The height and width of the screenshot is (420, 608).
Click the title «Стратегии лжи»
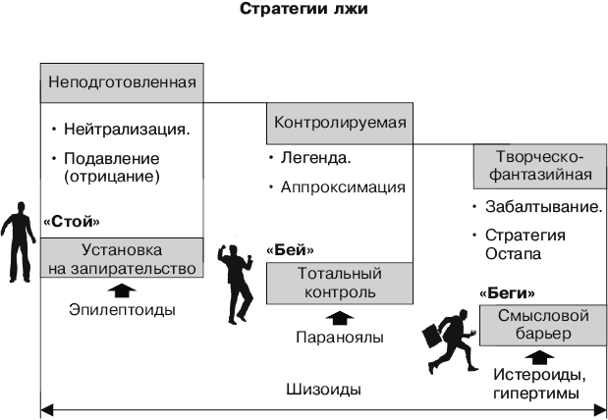(304, 9)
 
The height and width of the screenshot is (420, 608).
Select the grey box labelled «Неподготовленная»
(122, 82)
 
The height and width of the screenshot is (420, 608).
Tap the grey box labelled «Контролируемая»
(340, 124)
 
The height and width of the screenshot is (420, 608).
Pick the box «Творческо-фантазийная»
(540, 166)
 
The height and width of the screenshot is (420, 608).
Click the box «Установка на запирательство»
(122, 258)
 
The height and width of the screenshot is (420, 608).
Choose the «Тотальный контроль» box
(340, 284)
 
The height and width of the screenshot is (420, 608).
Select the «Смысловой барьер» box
(543, 325)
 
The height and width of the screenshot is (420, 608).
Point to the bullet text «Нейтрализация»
(127, 129)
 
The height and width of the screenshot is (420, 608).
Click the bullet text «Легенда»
(316, 158)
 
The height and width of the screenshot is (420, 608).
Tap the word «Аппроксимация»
(343, 187)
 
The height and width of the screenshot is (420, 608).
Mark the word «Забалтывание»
(543, 207)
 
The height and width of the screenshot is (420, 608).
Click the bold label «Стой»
(72, 222)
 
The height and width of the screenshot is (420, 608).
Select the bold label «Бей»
(290, 250)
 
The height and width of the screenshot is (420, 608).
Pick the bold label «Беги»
(507, 293)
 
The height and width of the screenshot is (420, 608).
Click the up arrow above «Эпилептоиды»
(122, 290)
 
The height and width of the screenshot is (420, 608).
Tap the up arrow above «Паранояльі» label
(340, 318)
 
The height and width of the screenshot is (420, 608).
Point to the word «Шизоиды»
(324, 390)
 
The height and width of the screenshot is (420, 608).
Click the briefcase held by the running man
(431, 335)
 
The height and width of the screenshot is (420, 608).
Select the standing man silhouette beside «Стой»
(18, 241)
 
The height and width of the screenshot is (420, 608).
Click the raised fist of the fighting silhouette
(222, 248)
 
